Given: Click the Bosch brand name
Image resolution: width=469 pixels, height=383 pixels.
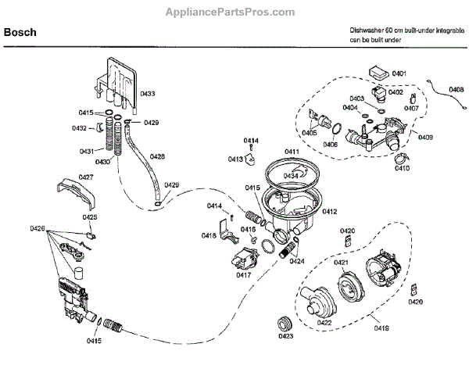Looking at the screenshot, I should (x=21, y=33).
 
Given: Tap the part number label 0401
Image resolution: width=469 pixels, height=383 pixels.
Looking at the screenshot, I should (x=399, y=73).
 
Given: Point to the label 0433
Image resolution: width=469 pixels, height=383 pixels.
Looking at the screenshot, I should (x=147, y=94).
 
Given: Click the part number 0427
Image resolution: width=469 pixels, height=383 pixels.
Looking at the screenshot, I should (x=86, y=177).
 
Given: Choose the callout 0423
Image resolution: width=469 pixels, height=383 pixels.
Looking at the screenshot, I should (x=285, y=337).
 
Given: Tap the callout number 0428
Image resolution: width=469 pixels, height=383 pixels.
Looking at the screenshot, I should (x=157, y=156).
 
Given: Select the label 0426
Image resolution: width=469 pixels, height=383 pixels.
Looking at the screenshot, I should (x=38, y=228).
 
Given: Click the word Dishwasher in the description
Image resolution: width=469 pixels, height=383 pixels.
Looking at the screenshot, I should (x=368, y=30).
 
